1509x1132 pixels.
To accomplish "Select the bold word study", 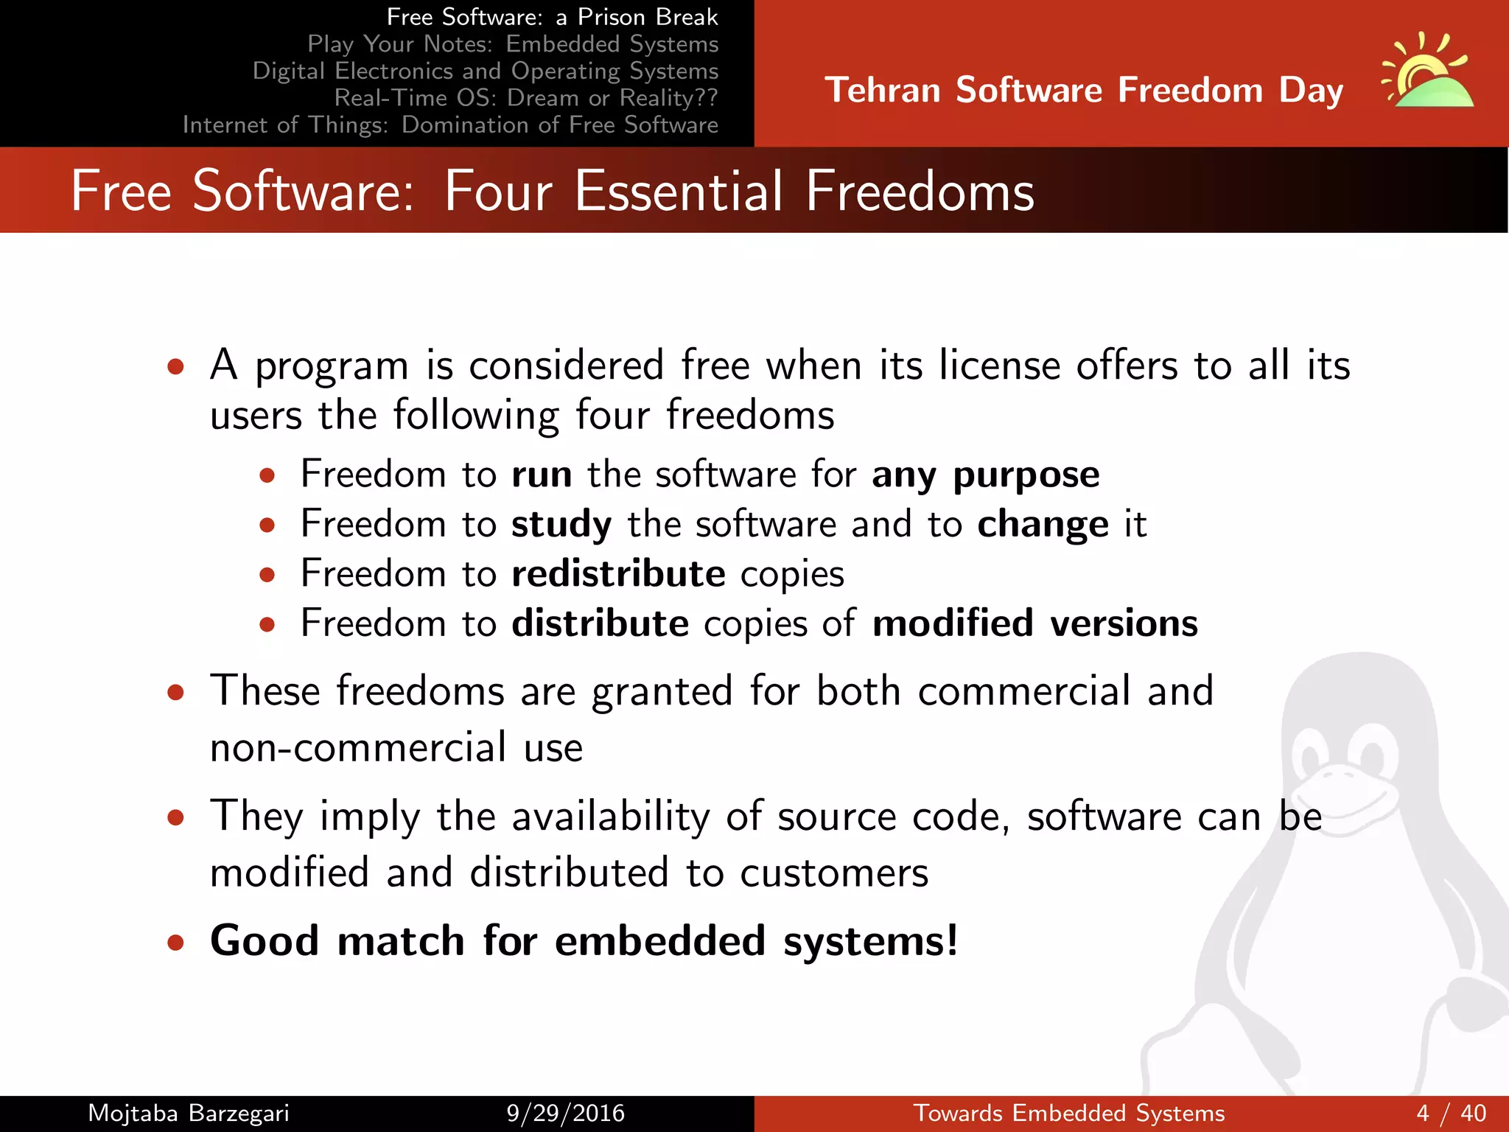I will click(561, 525).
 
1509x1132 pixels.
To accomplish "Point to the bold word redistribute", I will click(618, 574).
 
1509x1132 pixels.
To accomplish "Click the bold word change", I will click(1043, 525).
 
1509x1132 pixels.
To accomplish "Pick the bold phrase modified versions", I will click(1034, 624).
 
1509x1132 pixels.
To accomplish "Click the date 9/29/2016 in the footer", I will click(565, 1113).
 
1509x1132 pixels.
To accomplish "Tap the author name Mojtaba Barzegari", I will click(189, 1113).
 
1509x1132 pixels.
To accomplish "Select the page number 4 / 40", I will click(1451, 1113).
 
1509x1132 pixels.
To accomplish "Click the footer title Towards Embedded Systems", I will click(1068, 1113).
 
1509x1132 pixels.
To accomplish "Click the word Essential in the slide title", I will click(678, 192).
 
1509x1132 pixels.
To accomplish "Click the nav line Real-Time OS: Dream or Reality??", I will click(525, 98).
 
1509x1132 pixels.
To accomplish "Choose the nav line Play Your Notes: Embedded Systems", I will click(512, 44).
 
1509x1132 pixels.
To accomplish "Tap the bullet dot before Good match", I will click(175, 943).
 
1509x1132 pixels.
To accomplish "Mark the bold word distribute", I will click(600, 624).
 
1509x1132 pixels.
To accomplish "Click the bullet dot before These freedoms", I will click(175, 693).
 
